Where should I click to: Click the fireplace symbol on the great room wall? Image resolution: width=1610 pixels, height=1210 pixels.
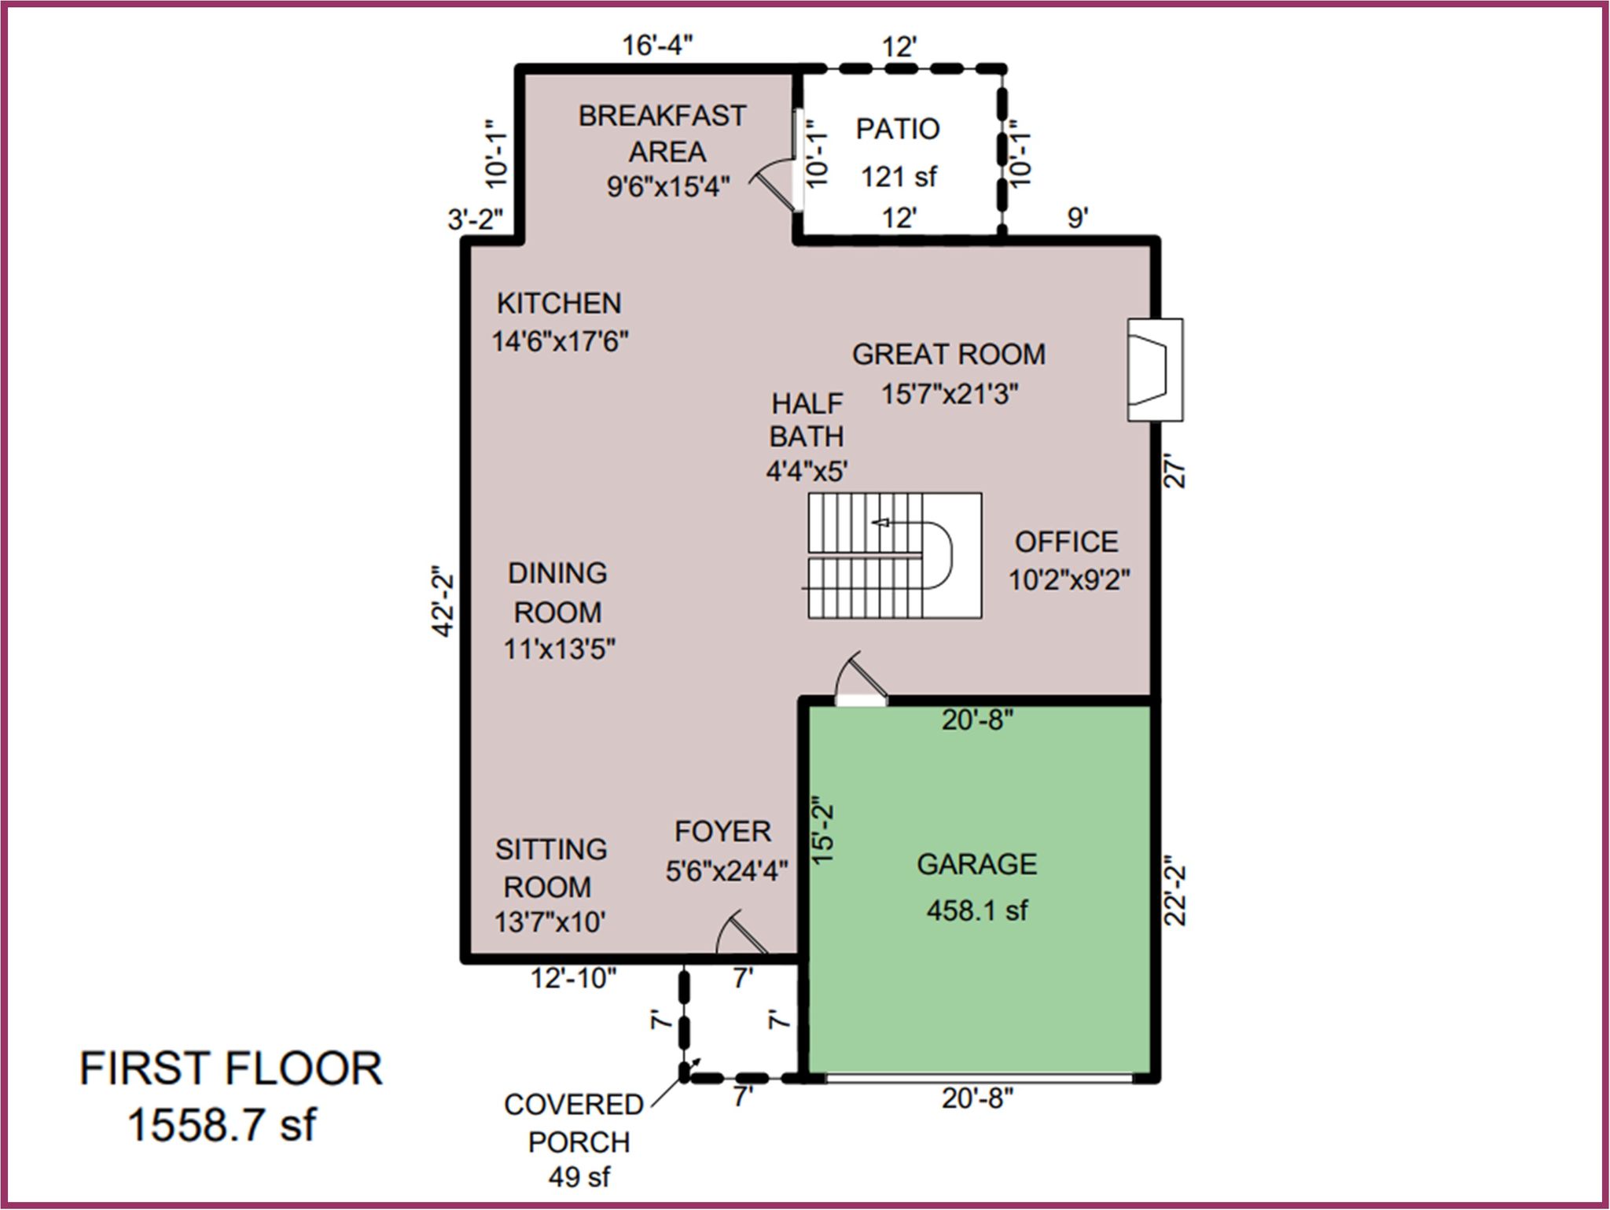[1155, 370]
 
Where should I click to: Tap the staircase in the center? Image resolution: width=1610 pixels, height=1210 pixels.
[894, 555]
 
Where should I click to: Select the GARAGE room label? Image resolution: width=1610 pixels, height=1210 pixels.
[976, 864]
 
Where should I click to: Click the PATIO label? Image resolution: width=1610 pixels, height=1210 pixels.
[898, 129]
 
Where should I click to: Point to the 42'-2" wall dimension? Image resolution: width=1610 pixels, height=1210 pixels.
[443, 601]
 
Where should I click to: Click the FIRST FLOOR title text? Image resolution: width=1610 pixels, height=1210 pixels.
[231, 1069]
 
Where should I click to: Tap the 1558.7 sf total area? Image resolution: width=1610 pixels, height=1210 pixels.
[222, 1124]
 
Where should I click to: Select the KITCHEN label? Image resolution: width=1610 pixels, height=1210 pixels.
[559, 303]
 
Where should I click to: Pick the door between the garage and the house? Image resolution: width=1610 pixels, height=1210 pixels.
[860, 677]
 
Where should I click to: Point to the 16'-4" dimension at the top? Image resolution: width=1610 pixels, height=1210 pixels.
[658, 46]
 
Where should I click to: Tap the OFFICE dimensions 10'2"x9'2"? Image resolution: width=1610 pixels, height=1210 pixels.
[1069, 580]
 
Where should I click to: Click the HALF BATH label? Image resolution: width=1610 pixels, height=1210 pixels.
[807, 420]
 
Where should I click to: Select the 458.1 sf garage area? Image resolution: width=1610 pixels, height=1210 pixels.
[976, 910]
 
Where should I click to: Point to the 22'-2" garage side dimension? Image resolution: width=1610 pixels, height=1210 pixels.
[1175, 890]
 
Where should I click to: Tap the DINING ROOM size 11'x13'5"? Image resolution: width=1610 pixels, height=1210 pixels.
[559, 649]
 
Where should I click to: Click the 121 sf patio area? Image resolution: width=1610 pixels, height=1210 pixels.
[899, 177]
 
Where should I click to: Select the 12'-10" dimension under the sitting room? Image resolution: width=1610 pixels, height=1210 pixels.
[573, 978]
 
